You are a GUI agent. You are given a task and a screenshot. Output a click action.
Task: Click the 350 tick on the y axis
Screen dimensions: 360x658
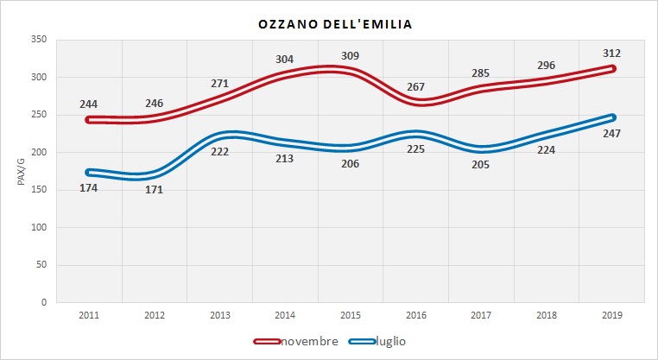38,40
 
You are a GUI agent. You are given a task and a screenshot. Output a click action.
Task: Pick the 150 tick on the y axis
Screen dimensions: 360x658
38,190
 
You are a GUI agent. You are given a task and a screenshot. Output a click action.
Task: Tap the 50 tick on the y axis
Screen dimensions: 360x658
41,265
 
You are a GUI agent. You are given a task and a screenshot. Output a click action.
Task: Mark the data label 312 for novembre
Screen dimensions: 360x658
612,53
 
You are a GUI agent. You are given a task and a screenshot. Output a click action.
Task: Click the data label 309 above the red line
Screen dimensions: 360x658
349,56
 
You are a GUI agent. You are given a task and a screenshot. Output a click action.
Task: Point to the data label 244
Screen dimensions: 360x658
88,104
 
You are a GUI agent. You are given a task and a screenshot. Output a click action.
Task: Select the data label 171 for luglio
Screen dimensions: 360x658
155,190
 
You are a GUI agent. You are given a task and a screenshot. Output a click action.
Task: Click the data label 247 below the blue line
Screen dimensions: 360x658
612,133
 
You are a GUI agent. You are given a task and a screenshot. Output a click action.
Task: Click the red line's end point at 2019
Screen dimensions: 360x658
611,68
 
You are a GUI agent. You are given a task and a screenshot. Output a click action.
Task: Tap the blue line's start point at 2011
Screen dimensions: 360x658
89,172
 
